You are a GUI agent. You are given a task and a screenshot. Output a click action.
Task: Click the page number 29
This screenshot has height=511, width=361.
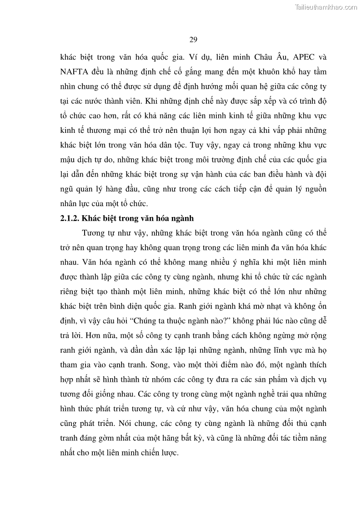pyautogui.click(x=193, y=40)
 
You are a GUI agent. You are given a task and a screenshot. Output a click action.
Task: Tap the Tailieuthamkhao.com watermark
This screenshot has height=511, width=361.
pyautogui.click(x=326, y=7)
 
